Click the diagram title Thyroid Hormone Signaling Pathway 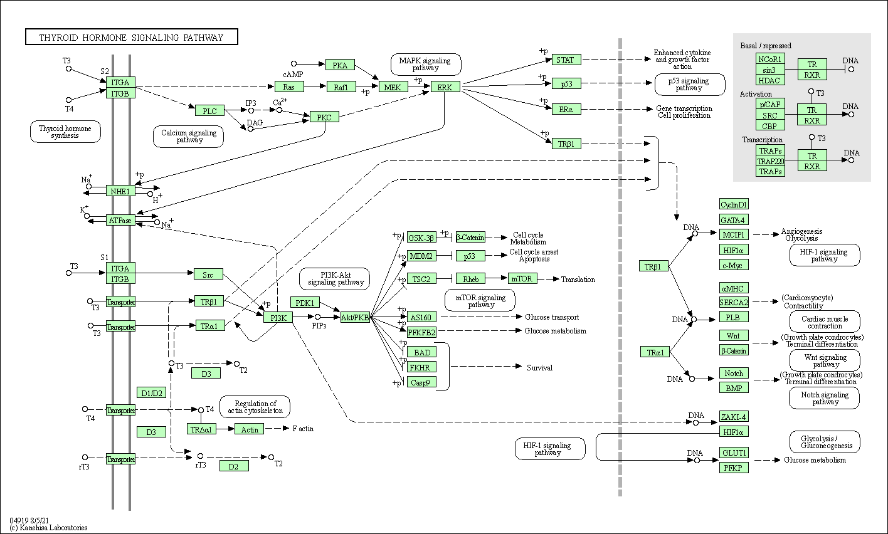point(131,38)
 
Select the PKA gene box point(340,65)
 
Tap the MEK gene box point(393,87)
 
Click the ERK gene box point(445,87)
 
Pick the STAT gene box point(566,60)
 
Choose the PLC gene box point(209,111)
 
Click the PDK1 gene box point(305,303)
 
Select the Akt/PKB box point(355,318)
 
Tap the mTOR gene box point(522,279)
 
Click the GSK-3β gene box point(421,238)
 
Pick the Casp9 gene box point(420,382)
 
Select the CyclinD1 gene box point(734,204)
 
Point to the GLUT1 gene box point(734,453)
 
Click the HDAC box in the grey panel point(769,80)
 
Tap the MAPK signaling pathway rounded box point(426,64)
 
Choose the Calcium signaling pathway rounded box point(188,136)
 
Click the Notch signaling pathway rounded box point(824,398)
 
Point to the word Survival point(539,368)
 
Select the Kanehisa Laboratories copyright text point(48,528)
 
